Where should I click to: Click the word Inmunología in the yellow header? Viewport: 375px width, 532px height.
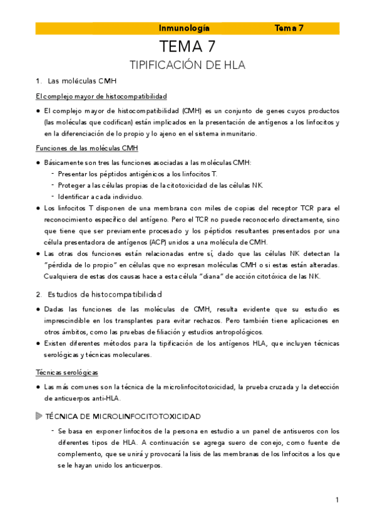point(184,28)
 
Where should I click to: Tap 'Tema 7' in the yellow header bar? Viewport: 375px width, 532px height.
point(289,28)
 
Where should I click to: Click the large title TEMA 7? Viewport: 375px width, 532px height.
point(187,47)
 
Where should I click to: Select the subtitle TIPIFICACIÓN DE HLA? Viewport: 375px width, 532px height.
point(187,65)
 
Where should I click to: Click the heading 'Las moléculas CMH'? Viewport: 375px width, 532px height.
point(81,82)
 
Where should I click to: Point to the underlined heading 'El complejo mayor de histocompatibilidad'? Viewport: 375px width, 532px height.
point(101,97)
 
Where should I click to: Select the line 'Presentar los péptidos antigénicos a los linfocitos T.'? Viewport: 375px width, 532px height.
point(137,173)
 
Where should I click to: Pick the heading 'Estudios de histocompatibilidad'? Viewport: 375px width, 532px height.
point(105,294)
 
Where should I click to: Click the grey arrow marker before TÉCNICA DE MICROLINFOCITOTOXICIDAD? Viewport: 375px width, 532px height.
point(39,416)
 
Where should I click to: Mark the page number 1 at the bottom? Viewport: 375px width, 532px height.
point(337,500)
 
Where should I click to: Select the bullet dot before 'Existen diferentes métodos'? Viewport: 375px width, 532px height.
point(39,344)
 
